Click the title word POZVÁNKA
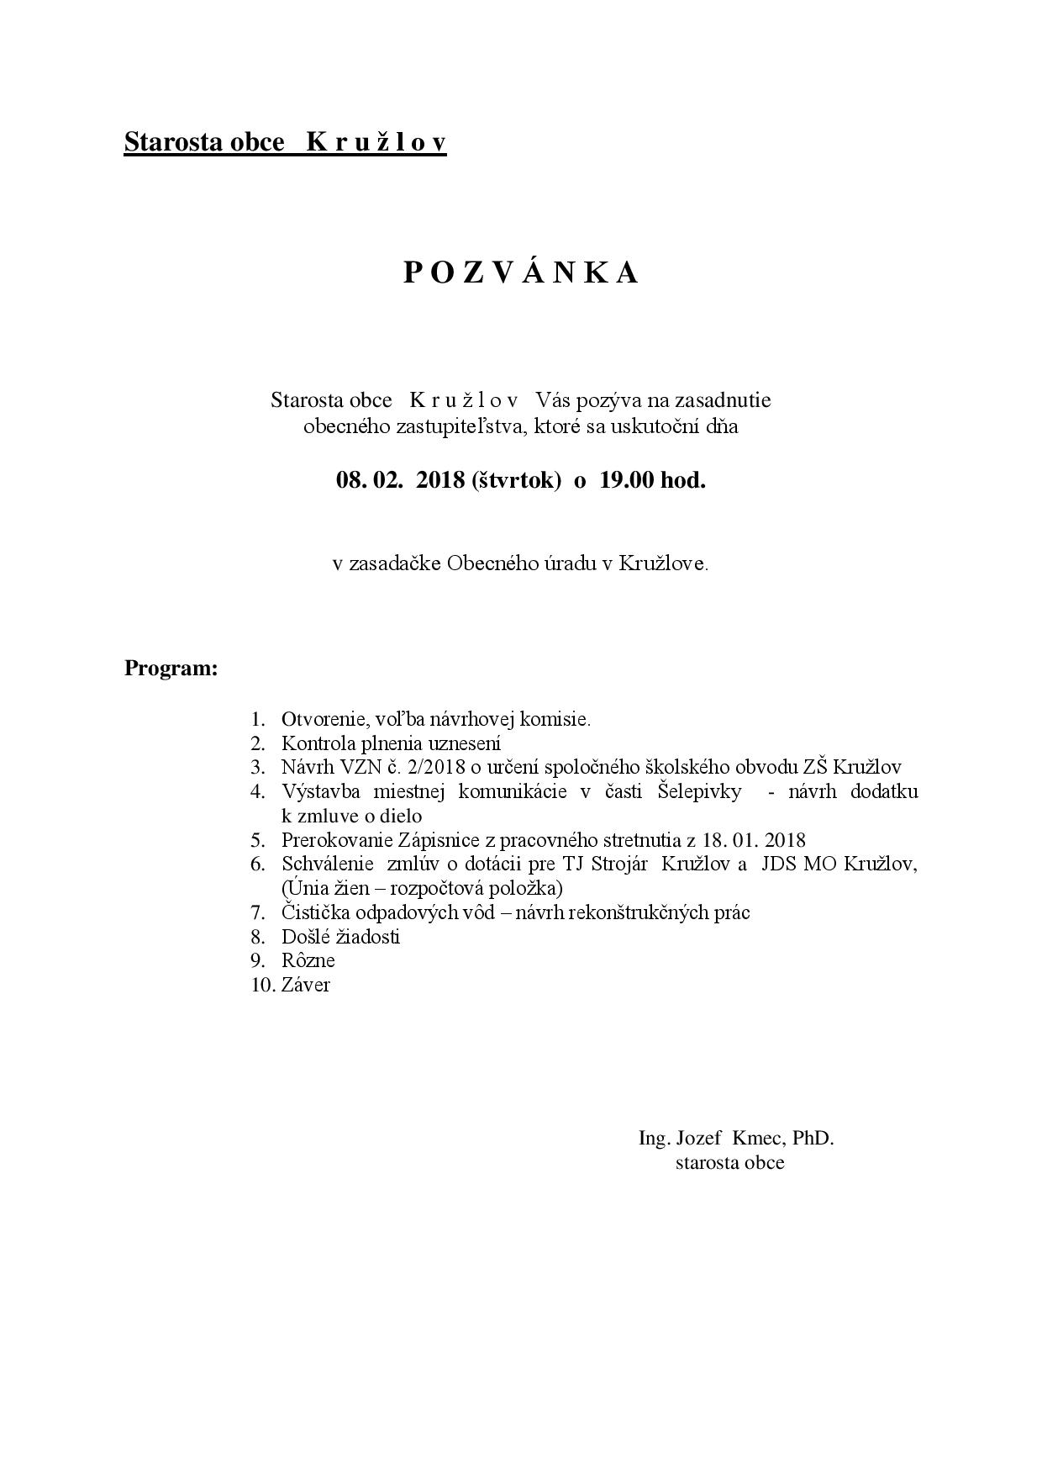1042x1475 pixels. (521, 273)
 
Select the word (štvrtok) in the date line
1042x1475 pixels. (516, 481)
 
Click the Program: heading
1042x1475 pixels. (171, 669)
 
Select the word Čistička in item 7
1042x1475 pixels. (315, 912)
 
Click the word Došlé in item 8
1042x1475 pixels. (305, 937)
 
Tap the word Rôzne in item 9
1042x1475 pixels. (308, 960)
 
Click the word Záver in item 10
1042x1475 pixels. (306, 985)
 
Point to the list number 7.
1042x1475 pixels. (257, 912)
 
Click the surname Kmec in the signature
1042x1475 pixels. (759, 1139)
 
